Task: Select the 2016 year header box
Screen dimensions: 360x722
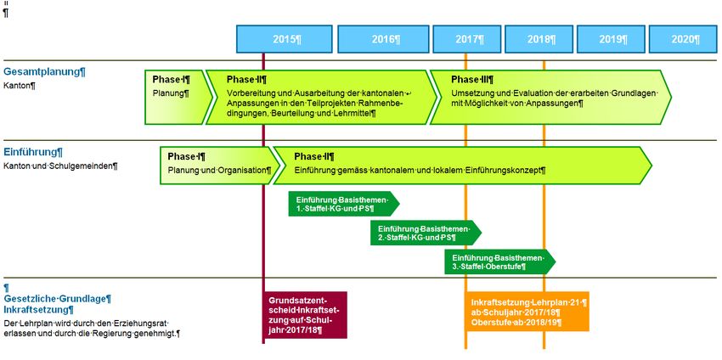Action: [384, 39]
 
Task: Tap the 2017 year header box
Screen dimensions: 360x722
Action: [468, 39]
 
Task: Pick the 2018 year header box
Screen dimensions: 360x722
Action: [539, 39]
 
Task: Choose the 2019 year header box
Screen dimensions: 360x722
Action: [612, 39]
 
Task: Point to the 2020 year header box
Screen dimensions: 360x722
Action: [683, 39]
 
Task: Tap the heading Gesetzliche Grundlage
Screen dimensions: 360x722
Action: [58, 298]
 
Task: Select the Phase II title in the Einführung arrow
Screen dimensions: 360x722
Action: [313, 156]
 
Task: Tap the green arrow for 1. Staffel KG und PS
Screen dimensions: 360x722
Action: [341, 204]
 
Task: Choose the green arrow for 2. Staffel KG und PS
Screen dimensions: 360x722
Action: [424, 233]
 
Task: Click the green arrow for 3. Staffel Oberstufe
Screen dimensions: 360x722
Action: [498, 262]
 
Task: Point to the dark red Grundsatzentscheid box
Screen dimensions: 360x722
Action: [307, 315]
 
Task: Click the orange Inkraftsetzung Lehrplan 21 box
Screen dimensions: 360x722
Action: [527, 312]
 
